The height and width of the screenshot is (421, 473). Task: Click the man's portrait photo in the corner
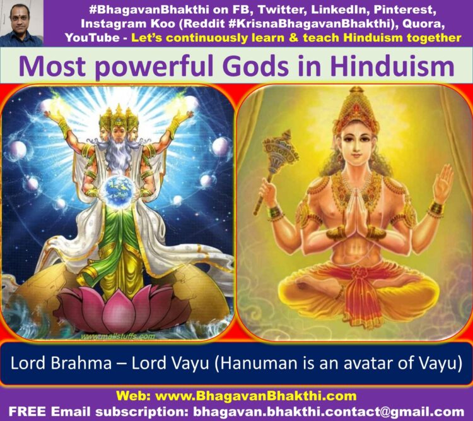pos(21,23)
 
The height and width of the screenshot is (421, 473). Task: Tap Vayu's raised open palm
pos(443,185)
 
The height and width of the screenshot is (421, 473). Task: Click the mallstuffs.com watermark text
pos(119,336)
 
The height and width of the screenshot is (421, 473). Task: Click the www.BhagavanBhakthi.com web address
pos(256,396)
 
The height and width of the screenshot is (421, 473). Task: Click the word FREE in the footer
pos(27,412)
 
